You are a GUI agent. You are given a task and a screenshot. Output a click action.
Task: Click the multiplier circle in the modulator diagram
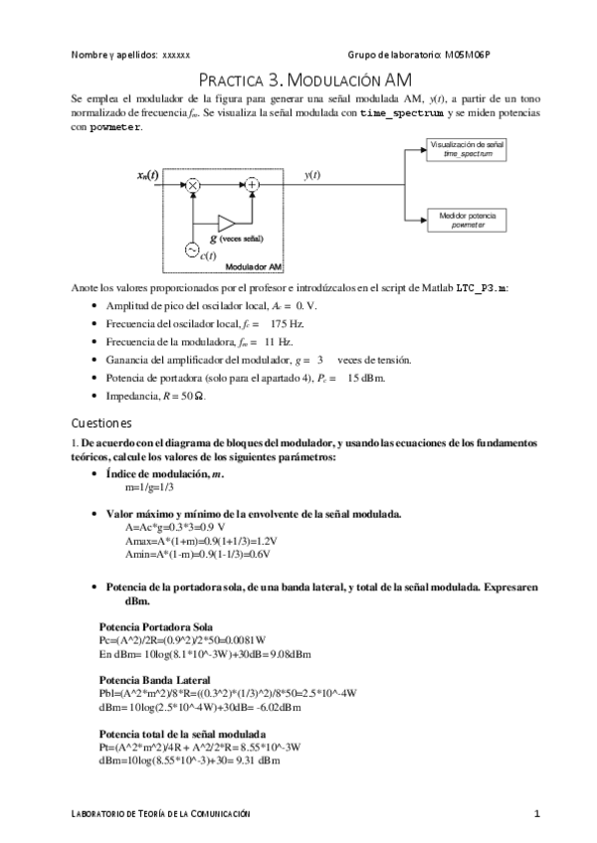pos(194,184)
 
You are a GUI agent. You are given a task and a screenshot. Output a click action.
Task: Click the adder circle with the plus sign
pos(253,184)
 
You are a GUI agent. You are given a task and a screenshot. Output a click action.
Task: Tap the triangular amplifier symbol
pos(226,221)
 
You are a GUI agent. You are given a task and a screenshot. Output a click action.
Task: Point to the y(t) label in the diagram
pos(311,175)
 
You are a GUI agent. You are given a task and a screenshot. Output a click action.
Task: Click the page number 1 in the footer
pos(536,814)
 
